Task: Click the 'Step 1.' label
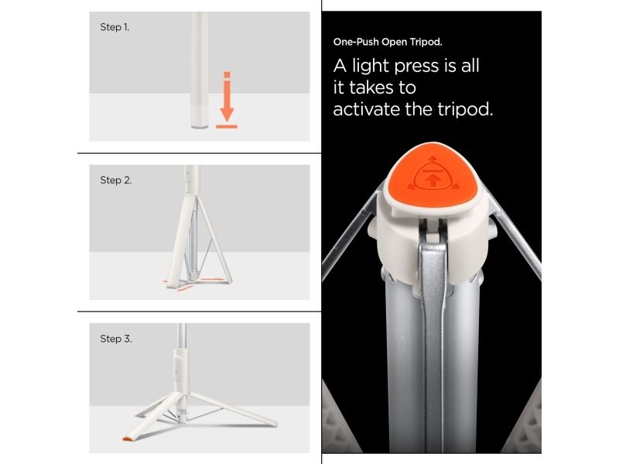point(115,27)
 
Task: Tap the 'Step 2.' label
point(115,180)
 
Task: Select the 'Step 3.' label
point(115,339)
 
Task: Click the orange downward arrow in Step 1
point(227,97)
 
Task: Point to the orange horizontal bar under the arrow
point(227,127)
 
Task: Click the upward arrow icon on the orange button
point(433,180)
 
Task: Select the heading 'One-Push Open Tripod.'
point(388,42)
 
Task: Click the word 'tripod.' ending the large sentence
point(466,109)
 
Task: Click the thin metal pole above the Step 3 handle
point(181,335)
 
